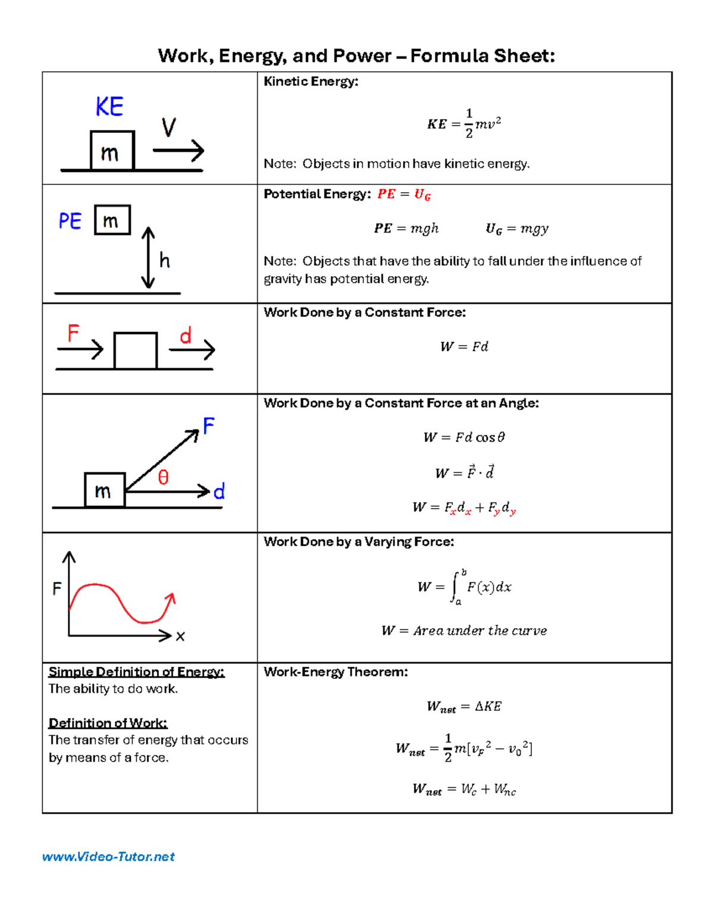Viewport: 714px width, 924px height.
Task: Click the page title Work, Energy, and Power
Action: [x=356, y=56]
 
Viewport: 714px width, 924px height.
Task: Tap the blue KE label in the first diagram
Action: [x=109, y=107]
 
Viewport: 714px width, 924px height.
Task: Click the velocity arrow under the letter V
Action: [x=178, y=151]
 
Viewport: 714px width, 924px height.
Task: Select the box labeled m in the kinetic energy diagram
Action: [x=112, y=151]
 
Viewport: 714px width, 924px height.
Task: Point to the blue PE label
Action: [x=70, y=221]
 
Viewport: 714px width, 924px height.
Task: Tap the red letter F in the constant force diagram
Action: [x=73, y=333]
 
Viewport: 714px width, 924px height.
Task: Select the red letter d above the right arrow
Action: [x=186, y=336]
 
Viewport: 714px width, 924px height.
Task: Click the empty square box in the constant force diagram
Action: [x=135, y=351]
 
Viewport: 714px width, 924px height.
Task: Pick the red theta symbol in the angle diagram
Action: [x=163, y=477]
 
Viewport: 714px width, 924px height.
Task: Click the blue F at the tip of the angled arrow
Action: [x=208, y=426]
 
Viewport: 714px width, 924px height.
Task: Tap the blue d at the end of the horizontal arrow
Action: [x=219, y=491]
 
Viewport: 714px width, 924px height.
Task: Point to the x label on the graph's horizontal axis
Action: [x=180, y=637]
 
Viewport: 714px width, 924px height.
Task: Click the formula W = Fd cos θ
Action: [x=464, y=437]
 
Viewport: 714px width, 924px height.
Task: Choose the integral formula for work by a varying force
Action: [x=464, y=587]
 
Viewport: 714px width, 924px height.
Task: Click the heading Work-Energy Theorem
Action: [x=336, y=672]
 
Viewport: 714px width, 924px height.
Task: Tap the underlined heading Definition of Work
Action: [x=108, y=723]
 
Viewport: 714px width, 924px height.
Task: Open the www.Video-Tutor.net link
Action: [x=108, y=857]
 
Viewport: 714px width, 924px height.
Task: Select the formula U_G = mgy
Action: [x=516, y=228]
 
